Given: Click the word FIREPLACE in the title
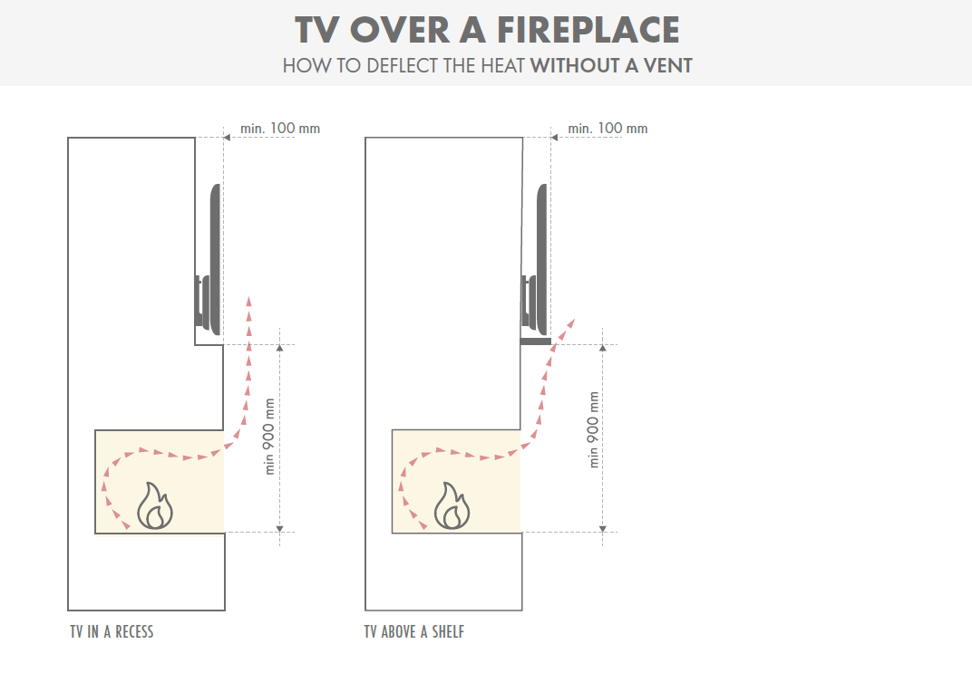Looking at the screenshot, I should (x=586, y=30).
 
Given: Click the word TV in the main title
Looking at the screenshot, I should (x=318, y=30).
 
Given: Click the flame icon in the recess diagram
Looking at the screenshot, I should (x=155, y=506).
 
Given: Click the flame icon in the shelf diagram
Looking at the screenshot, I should (x=452, y=506).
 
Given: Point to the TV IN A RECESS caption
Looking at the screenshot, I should (x=112, y=632).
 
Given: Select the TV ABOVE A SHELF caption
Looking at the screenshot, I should (x=414, y=632).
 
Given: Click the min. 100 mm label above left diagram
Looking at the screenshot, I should (x=280, y=129).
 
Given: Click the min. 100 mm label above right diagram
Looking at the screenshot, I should (x=607, y=129).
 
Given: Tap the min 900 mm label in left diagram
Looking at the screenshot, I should (x=269, y=437).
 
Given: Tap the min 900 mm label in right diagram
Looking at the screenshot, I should (x=595, y=429).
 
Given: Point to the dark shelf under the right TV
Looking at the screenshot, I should (x=536, y=341).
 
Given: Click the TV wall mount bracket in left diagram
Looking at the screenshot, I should (x=201, y=302).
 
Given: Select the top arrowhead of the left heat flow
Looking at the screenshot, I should (x=249, y=300).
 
